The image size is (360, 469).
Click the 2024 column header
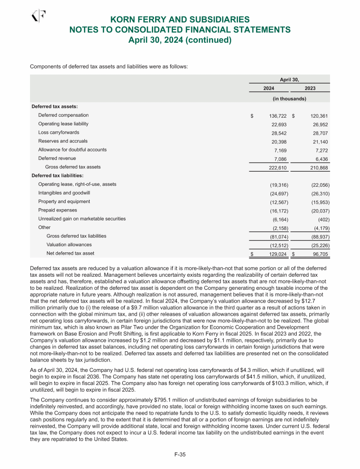coord(269,88)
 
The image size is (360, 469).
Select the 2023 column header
coord(310,88)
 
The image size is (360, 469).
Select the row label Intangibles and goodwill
coord(64,193)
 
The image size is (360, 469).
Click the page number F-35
coord(180,454)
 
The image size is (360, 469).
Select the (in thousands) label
coord(289,99)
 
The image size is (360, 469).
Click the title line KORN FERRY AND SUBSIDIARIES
coord(180,20)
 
